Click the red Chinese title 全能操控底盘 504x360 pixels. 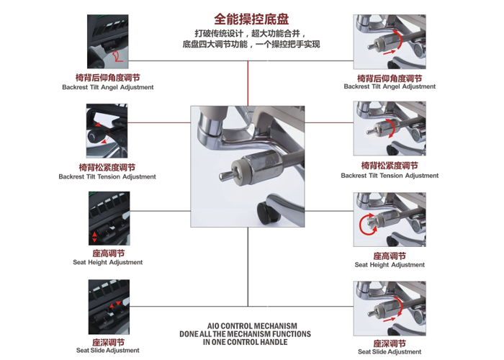[x=251, y=19]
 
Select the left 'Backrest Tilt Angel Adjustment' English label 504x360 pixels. [x=108, y=87]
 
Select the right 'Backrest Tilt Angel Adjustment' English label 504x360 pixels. [x=390, y=86]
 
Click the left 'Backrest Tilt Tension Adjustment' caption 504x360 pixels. [x=107, y=176]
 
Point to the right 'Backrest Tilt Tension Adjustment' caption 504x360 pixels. [x=390, y=176]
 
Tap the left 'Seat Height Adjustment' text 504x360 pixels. [x=108, y=262]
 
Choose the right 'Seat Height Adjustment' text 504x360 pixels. [x=390, y=265]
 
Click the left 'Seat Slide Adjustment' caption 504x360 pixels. [x=108, y=351]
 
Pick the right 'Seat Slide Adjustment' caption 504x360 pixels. [x=390, y=351]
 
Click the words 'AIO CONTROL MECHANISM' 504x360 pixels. [x=252, y=326]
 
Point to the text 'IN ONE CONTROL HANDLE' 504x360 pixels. [x=246, y=342]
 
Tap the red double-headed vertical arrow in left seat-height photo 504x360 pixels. [x=94, y=237]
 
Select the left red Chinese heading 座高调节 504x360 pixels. [x=108, y=253]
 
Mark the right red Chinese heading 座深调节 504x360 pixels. [x=390, y=343]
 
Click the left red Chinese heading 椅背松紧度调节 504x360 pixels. [x=107, y=167]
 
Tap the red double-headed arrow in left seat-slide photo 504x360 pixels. [x=114, y=305]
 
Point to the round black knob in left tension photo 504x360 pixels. [x=94, y=138]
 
